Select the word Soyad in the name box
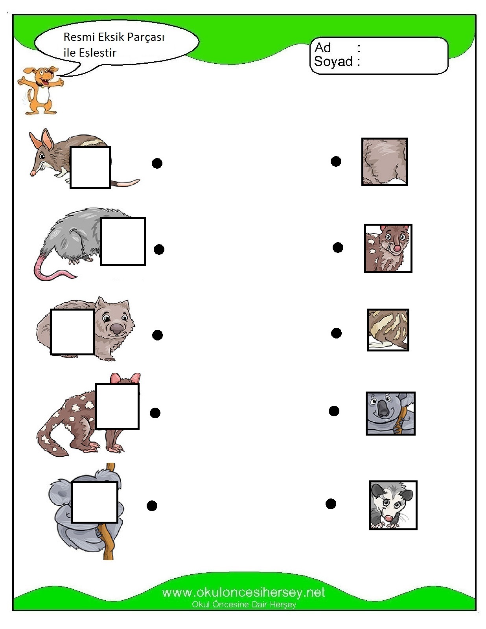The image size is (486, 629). coord(333,61)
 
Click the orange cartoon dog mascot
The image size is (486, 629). coord(40,90)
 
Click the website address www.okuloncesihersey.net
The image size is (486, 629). coord(243,592)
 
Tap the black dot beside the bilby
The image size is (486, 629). coord(157,163)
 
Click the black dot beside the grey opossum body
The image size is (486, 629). coord(159,249)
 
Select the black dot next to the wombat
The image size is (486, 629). coord(157,335)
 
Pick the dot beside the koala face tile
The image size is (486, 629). coord(334,411)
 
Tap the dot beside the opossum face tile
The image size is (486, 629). coord(331,504)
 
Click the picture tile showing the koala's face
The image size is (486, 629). coord(390,413)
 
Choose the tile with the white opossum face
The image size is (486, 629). coord(393,506)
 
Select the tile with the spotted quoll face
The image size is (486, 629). coord(388,248)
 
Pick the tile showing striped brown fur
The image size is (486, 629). coord(388,330)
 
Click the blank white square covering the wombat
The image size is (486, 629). coord(72,332)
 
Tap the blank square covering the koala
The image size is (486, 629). coord(94,502)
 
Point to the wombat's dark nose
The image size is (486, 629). coord(117,329)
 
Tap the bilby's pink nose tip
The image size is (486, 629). coord(33,173)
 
